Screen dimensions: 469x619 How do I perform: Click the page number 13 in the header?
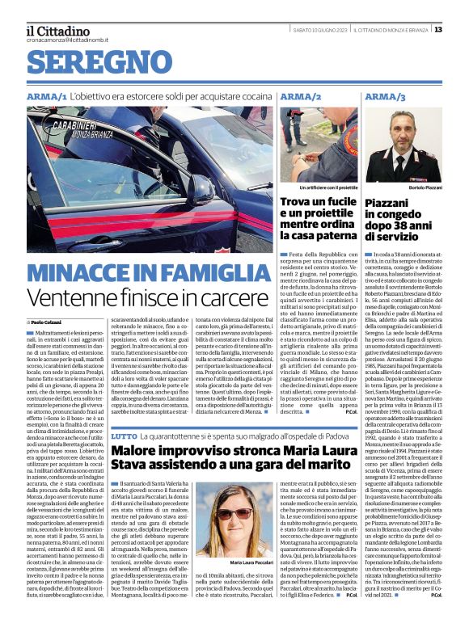[x=460, y=30]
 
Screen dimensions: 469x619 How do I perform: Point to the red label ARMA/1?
[x=45, y=96]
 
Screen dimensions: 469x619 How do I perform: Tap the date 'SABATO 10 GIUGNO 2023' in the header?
[x=321, y=30]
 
